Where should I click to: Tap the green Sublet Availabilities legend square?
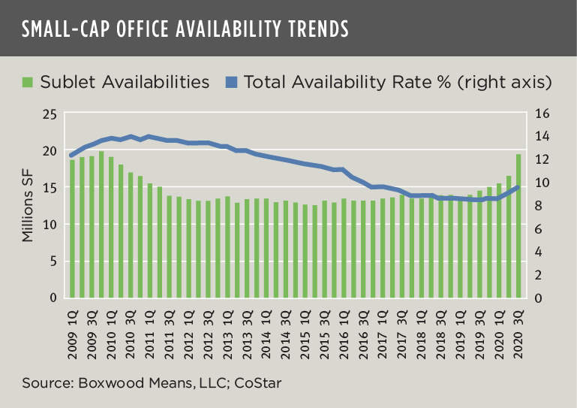pos(28,81)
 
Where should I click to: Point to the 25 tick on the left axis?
pos(49,114)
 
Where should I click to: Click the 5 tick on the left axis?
pos(53,261)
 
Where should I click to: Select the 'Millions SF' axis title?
pos(28,206)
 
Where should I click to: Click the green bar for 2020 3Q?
pos(518,225)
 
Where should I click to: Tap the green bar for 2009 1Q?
pos(73,228)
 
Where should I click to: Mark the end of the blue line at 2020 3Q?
pos(518,187)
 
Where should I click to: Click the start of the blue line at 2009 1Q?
pos(71,156)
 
